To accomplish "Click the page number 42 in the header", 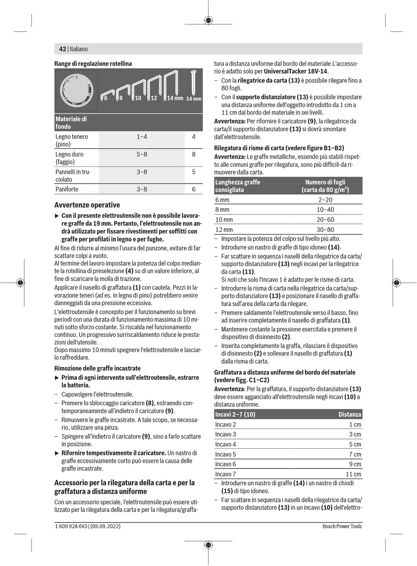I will coord(62,49).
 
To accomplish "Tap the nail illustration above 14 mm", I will coord(193,82).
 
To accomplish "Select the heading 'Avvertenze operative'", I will coord(87,205).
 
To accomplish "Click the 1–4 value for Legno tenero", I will coord(142,137).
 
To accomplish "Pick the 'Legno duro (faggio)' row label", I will coord(69,158).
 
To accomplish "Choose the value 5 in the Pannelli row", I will coord(194,172).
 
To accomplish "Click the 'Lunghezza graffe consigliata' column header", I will coord(237,186).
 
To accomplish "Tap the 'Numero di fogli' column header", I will coord(325,186).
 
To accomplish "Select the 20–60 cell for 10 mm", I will coord(325,220).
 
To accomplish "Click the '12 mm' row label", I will coord(224,230).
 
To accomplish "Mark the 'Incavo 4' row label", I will coord(226,444).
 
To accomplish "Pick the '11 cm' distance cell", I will coord(353,474).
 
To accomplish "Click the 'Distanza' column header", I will coord(349,415).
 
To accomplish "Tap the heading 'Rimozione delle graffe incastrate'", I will coord(97,368).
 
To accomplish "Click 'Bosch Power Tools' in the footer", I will coord(342,526).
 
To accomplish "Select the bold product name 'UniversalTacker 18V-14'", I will coord(295,71).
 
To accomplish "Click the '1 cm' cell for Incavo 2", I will coord(355,425).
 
